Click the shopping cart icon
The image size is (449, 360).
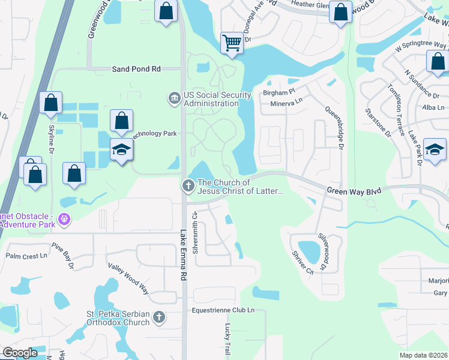coord(232,43)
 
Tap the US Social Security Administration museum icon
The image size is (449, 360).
coord(174,98)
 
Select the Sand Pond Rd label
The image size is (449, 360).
coord(136,69)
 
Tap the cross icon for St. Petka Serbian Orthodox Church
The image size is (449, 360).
coord(159,317)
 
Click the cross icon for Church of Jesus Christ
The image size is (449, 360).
coord(188,186)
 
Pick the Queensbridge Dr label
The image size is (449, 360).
coord(335,128)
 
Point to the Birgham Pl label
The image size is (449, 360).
coord(279,93)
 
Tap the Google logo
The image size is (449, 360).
coord(20,352)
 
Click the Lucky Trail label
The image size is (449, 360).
coord(228,338)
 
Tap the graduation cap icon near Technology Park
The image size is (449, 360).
coord(121,150)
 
